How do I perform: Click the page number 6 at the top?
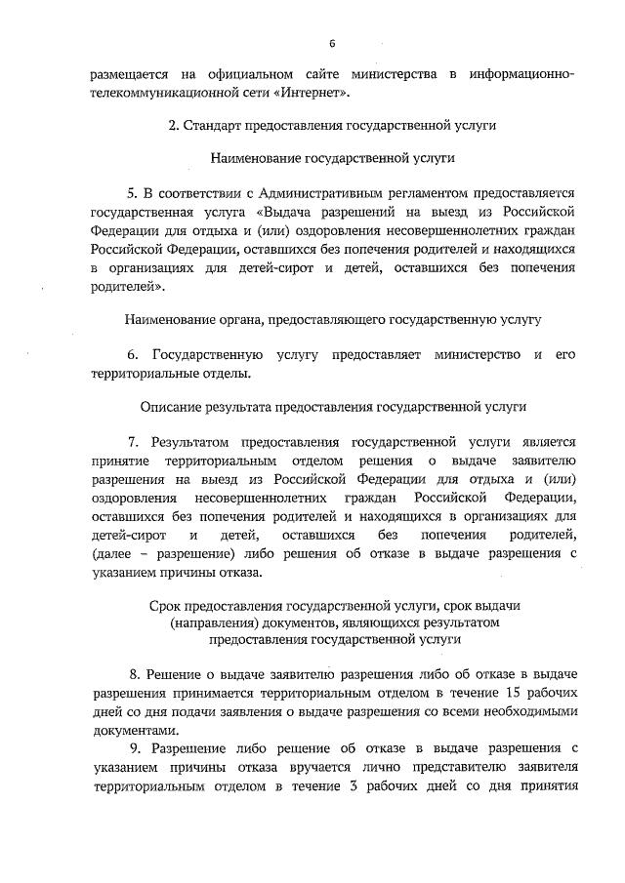coord(332,43)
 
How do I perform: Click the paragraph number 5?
coord(134,192)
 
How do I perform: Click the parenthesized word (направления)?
coord(212,623)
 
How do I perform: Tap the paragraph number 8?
coord(134,674)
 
